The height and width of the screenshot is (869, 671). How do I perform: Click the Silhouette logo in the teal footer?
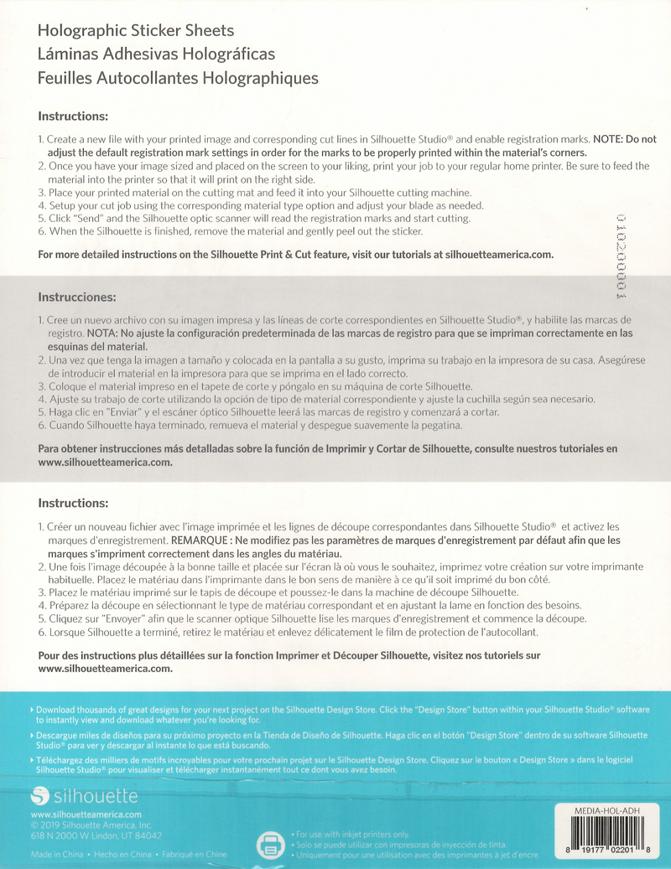[84, 795]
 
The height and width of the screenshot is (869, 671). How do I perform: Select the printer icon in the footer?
[270, 844]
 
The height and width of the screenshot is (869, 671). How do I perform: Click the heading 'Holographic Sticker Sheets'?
[136, 31]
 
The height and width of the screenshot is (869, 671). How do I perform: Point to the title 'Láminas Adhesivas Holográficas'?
[157, 54]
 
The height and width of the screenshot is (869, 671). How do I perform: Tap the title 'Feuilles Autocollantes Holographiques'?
[179, 78]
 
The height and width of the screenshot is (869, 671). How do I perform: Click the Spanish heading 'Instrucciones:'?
[76, 297]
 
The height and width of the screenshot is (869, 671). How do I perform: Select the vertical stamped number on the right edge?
[622, 256]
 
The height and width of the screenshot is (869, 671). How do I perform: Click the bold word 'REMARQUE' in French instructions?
[203, 541]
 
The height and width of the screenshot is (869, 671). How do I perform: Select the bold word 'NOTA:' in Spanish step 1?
[102, 333]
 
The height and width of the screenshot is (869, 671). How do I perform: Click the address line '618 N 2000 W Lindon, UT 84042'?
[96, 835]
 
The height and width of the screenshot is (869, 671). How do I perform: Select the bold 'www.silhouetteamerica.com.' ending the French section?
[106, 669]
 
